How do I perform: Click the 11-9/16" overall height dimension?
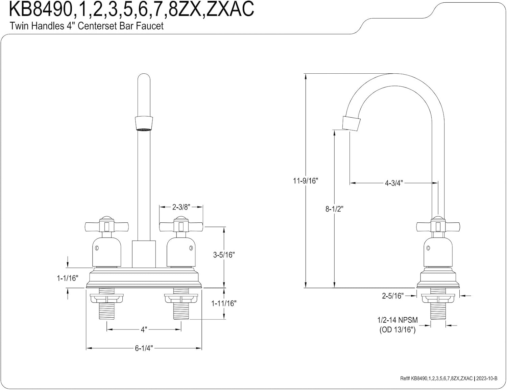[305, 181]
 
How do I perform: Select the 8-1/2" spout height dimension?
[334, 209]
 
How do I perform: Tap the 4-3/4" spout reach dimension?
[394, 183]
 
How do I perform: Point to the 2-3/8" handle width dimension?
[181, 207]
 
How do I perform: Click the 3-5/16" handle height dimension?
[223, 255]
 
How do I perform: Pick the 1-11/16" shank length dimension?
[223, 303]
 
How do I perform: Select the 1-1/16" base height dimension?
[67, 278]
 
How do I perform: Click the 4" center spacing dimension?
[144, 330]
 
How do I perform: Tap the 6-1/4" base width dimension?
[144, 348]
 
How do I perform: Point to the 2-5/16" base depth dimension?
[392, 296]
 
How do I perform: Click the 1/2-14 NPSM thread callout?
[397, 320]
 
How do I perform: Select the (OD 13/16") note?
[397, 330]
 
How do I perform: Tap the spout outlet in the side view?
[351, 123]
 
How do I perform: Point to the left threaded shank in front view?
[107, 308]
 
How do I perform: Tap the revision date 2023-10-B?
[487, 379]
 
